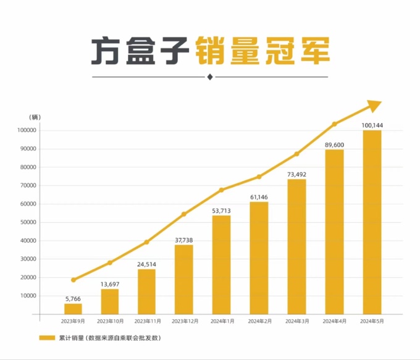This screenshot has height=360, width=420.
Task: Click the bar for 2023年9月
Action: pyautogui.click(x=73, y=309)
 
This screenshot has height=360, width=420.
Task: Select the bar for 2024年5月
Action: pyautogui.click(x=372, y=222)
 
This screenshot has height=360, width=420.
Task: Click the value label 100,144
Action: pyautogui.click(x=372, y=125)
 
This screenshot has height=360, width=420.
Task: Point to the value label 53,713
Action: pyautogui.click(x=221, y=211)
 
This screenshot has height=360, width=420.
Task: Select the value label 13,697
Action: pyautogui.click(x=110, y=284)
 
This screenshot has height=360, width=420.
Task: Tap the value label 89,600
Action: pyautogui.click(x=334, y=144)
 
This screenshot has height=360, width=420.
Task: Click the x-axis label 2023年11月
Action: pyautogui.click(x=147, y=322)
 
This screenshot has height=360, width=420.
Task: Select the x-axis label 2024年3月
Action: pyautogui.click(x=296, y=322)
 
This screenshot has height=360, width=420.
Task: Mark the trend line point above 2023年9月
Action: pyautogui.click(x=73, y=280)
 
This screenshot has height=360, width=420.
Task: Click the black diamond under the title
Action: pyautogui.click(x=210, y=77)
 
